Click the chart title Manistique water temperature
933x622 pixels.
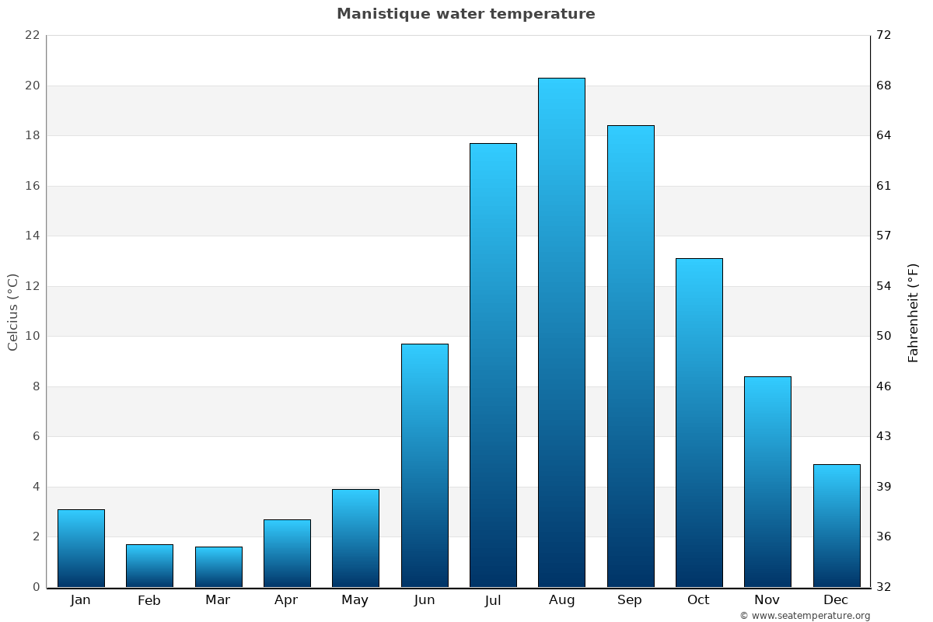466,14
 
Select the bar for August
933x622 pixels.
561,333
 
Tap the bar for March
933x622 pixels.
218,567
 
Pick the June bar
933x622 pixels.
425,465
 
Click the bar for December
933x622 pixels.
837,526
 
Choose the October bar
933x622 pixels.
699,422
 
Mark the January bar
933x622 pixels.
81,548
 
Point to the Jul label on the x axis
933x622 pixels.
493,600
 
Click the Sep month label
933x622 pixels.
630,600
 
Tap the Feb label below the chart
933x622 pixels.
149,600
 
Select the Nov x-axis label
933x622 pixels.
767,600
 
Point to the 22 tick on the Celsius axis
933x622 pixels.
32,36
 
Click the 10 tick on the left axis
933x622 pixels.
32,337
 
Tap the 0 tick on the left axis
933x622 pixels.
35,587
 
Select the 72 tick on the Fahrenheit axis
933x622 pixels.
884,36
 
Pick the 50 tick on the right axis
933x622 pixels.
884,337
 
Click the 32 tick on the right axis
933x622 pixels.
884,587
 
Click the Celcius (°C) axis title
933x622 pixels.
12,311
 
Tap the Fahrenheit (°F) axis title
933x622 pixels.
913,313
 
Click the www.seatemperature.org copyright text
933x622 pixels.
805,616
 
